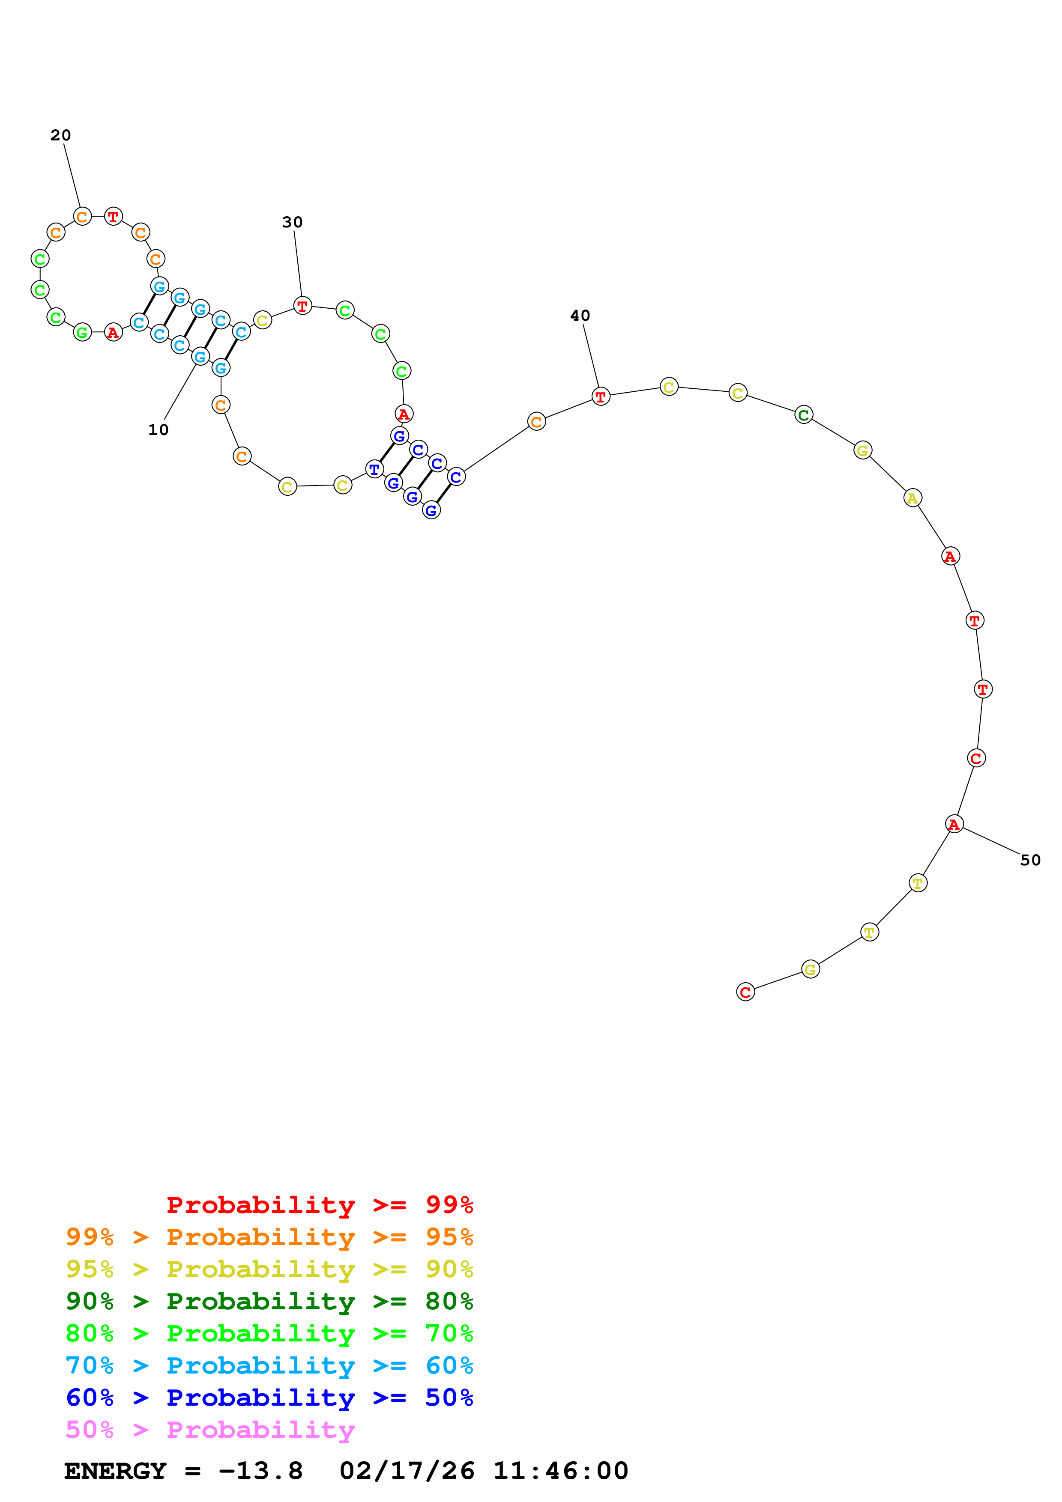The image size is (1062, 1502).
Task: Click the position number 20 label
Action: point(60,135)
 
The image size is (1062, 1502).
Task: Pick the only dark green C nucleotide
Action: point(804,415)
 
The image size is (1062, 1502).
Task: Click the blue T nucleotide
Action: point(374,469)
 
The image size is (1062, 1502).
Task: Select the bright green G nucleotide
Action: point(82,333)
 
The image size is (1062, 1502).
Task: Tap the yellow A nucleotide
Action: point(912,498)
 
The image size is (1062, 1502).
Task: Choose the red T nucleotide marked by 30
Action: point(302,306)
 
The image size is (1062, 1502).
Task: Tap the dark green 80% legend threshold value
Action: point(449,1301)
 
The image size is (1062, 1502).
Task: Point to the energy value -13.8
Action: point(260,1471)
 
